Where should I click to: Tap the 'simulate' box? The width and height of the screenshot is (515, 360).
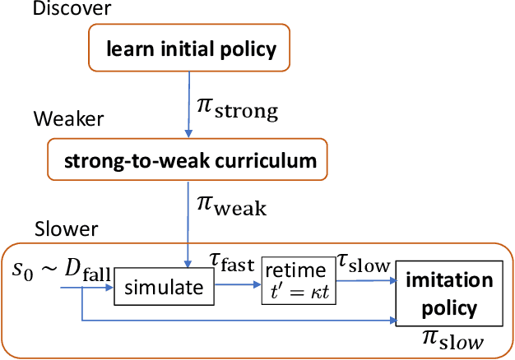pos(163,287)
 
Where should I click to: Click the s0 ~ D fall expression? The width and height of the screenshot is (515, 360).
pos(57,273)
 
